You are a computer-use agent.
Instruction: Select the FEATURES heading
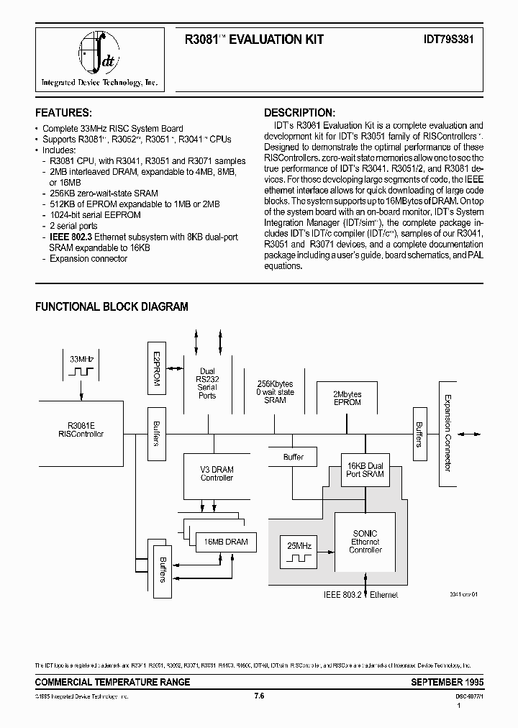[x=63, y=113]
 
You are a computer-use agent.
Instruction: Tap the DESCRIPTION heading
[x=299, y=113]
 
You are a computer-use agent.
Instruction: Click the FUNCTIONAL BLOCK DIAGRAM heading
[x=112, y=306]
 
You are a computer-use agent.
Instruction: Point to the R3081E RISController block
[x=81, y=429]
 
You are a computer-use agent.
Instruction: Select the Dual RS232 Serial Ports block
[x=207, y=384]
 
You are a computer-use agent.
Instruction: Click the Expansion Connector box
[x=447, y=432]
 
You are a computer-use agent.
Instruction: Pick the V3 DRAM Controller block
[x=217, y=473]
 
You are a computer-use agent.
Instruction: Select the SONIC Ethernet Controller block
[x=365, y=542]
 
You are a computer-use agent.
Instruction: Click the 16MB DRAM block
[x=225, y=541]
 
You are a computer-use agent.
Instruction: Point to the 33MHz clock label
[x=81, y=358]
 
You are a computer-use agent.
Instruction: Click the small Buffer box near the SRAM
[x=294, y=457]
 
